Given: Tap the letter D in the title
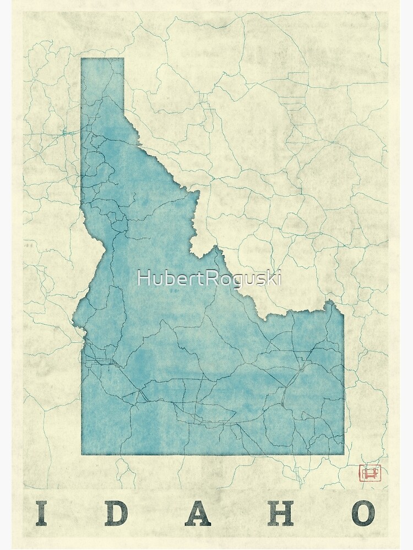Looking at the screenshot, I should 118,513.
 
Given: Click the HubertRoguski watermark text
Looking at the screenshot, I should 209,278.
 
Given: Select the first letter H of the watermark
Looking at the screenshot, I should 143,278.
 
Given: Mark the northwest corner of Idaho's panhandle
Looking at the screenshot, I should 81,58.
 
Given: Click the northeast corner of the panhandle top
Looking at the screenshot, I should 123,58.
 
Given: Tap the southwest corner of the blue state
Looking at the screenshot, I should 81,454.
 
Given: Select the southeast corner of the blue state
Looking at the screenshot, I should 344,454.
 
